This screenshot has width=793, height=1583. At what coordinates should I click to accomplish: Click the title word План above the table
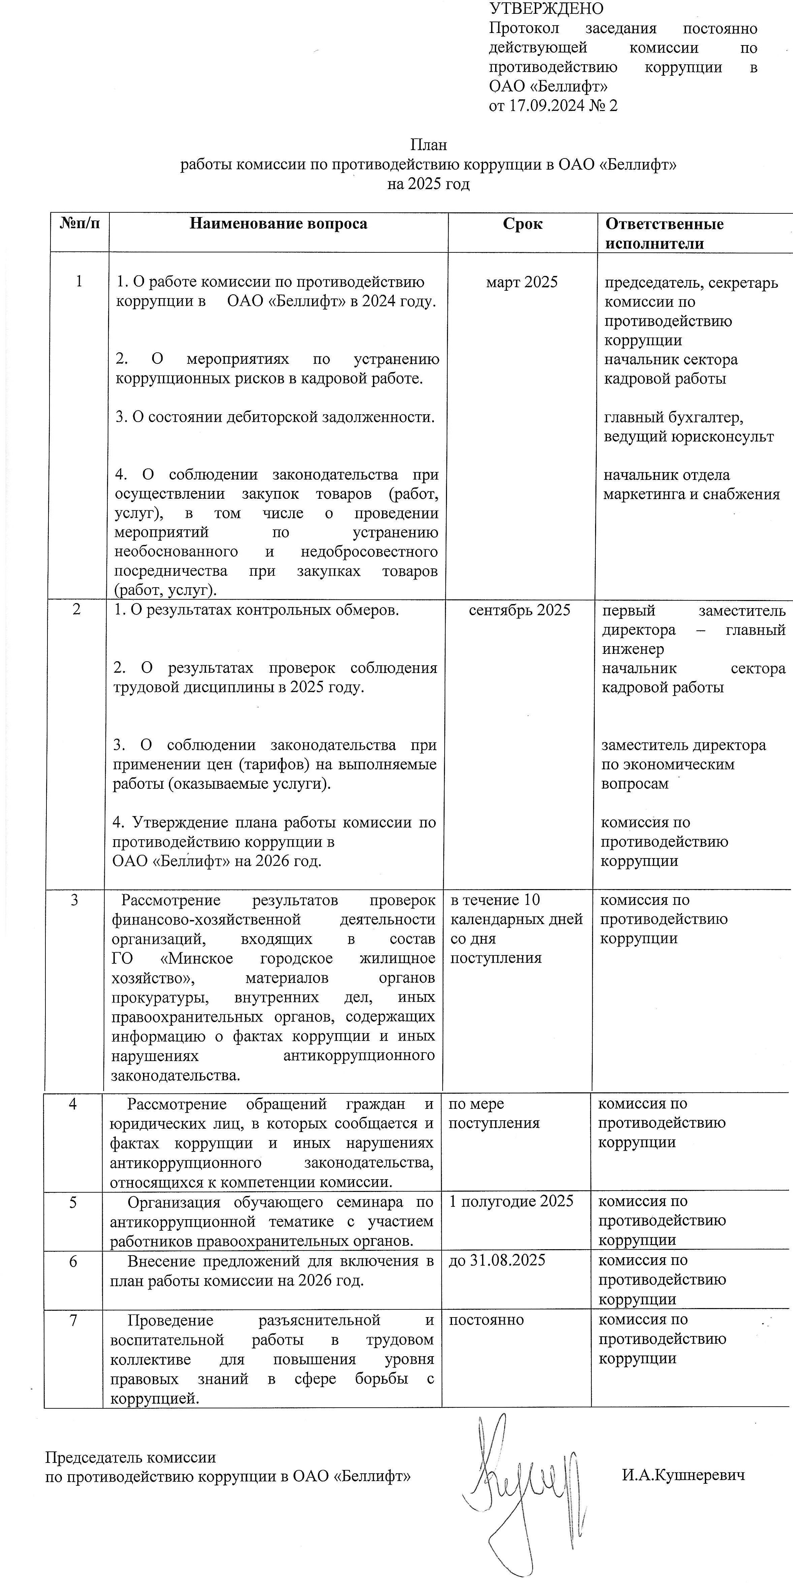428,145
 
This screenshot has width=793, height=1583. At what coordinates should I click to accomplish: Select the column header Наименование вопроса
278,224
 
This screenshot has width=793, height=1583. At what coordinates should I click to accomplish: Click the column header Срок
522,224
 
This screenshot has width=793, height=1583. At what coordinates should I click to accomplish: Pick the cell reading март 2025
522,282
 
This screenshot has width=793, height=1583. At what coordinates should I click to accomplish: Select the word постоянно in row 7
486,1320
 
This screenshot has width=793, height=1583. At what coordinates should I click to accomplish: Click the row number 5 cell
73,1202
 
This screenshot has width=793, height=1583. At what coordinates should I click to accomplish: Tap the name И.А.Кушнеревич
683,1475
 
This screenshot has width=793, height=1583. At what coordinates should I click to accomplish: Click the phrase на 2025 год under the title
428,184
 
